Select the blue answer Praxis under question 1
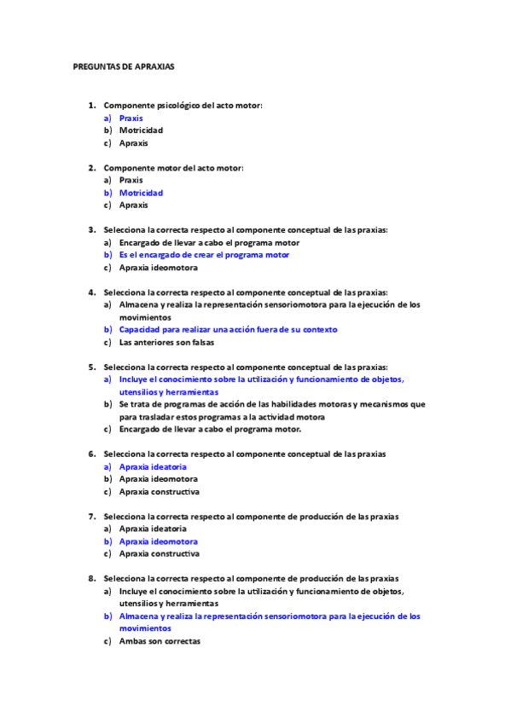tap(131, 119)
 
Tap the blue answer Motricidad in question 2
tap(141, 193)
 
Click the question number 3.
tap(91, 229)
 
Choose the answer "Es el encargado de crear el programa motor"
tap(204, 255)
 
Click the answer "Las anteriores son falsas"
tap(166, 342)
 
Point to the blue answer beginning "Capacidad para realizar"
tap(228, 329)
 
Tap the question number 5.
tap(91, 367)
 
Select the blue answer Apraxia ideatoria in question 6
tap(153, 467)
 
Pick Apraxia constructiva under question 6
tap(159, 492)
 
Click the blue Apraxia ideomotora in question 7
tap(159, 541)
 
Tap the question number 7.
tap(91, 517)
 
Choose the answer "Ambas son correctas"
tap(160, 641)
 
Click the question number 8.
tap(91, 578)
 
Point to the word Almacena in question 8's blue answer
tap(138, 616)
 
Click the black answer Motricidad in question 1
tap(141, 130)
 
